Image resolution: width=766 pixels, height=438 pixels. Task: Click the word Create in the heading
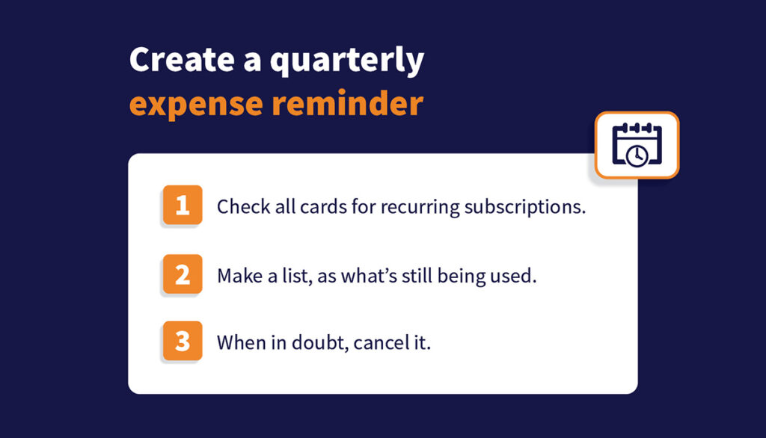[182, 60]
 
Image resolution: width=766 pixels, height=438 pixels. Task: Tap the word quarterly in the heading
[347, 61]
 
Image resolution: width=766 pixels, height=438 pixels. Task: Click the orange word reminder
[347, 102]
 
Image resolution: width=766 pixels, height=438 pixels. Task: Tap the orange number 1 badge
[183, 205]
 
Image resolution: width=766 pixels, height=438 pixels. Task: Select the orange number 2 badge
[183, 274]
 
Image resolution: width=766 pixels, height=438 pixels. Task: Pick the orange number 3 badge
[183, 341]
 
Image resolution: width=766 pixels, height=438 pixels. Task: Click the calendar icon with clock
[637, 145]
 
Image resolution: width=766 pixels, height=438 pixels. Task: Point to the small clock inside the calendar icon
[637, 156]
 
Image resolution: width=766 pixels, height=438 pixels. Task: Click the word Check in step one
[243, 206]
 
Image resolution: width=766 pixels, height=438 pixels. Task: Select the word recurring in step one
[420, 208]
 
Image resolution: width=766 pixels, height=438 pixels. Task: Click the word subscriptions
[524, 208]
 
